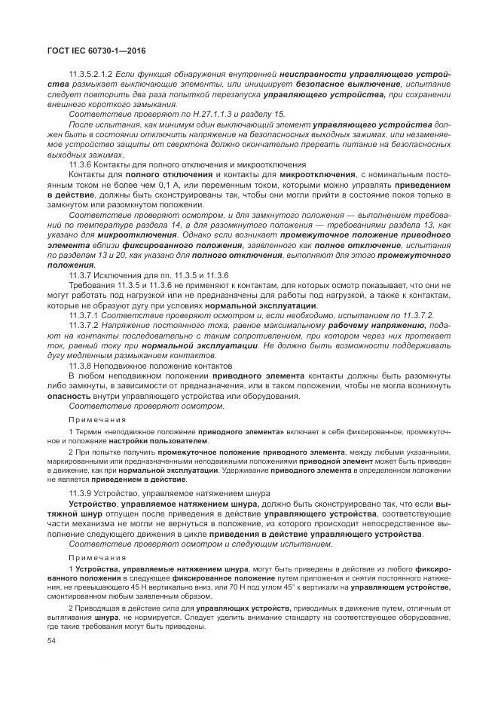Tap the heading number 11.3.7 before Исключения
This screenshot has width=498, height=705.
coord(80,275)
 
